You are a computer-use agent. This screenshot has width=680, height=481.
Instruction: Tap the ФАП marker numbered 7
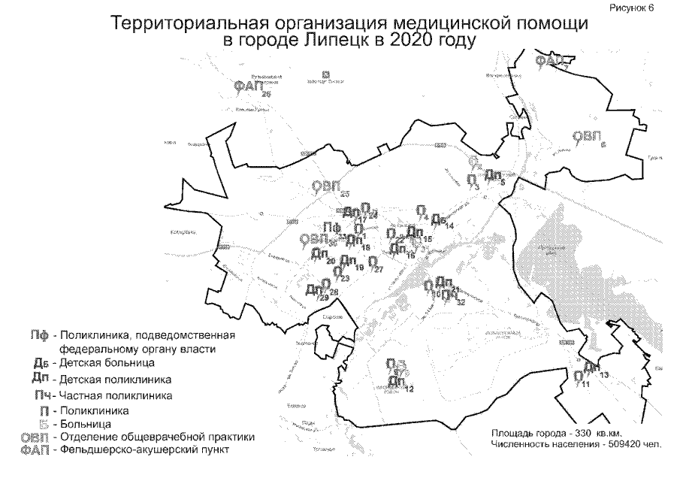pyautogui.click(x=549, y=60)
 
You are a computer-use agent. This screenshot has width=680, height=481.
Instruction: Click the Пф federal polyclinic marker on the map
pyautogui.click(x=331, y=228)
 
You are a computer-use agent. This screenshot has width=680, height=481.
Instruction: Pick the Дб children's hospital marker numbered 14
pyautogui.click(x=438, y=219)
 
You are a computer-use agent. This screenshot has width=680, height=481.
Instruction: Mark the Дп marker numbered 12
pyautogui.click(x=397, y=382)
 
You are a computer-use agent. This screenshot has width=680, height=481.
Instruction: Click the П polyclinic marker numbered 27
pyautogui.click(x=372, y=263)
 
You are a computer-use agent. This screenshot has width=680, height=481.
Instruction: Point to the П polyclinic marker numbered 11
pyautogui.click(x=578, y=377)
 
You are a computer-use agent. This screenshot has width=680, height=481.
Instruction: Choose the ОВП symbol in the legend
pyautogui.click(x=35, y=437)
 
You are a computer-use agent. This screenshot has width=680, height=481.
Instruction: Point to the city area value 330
pyautogui.click(x=573, y=434)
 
